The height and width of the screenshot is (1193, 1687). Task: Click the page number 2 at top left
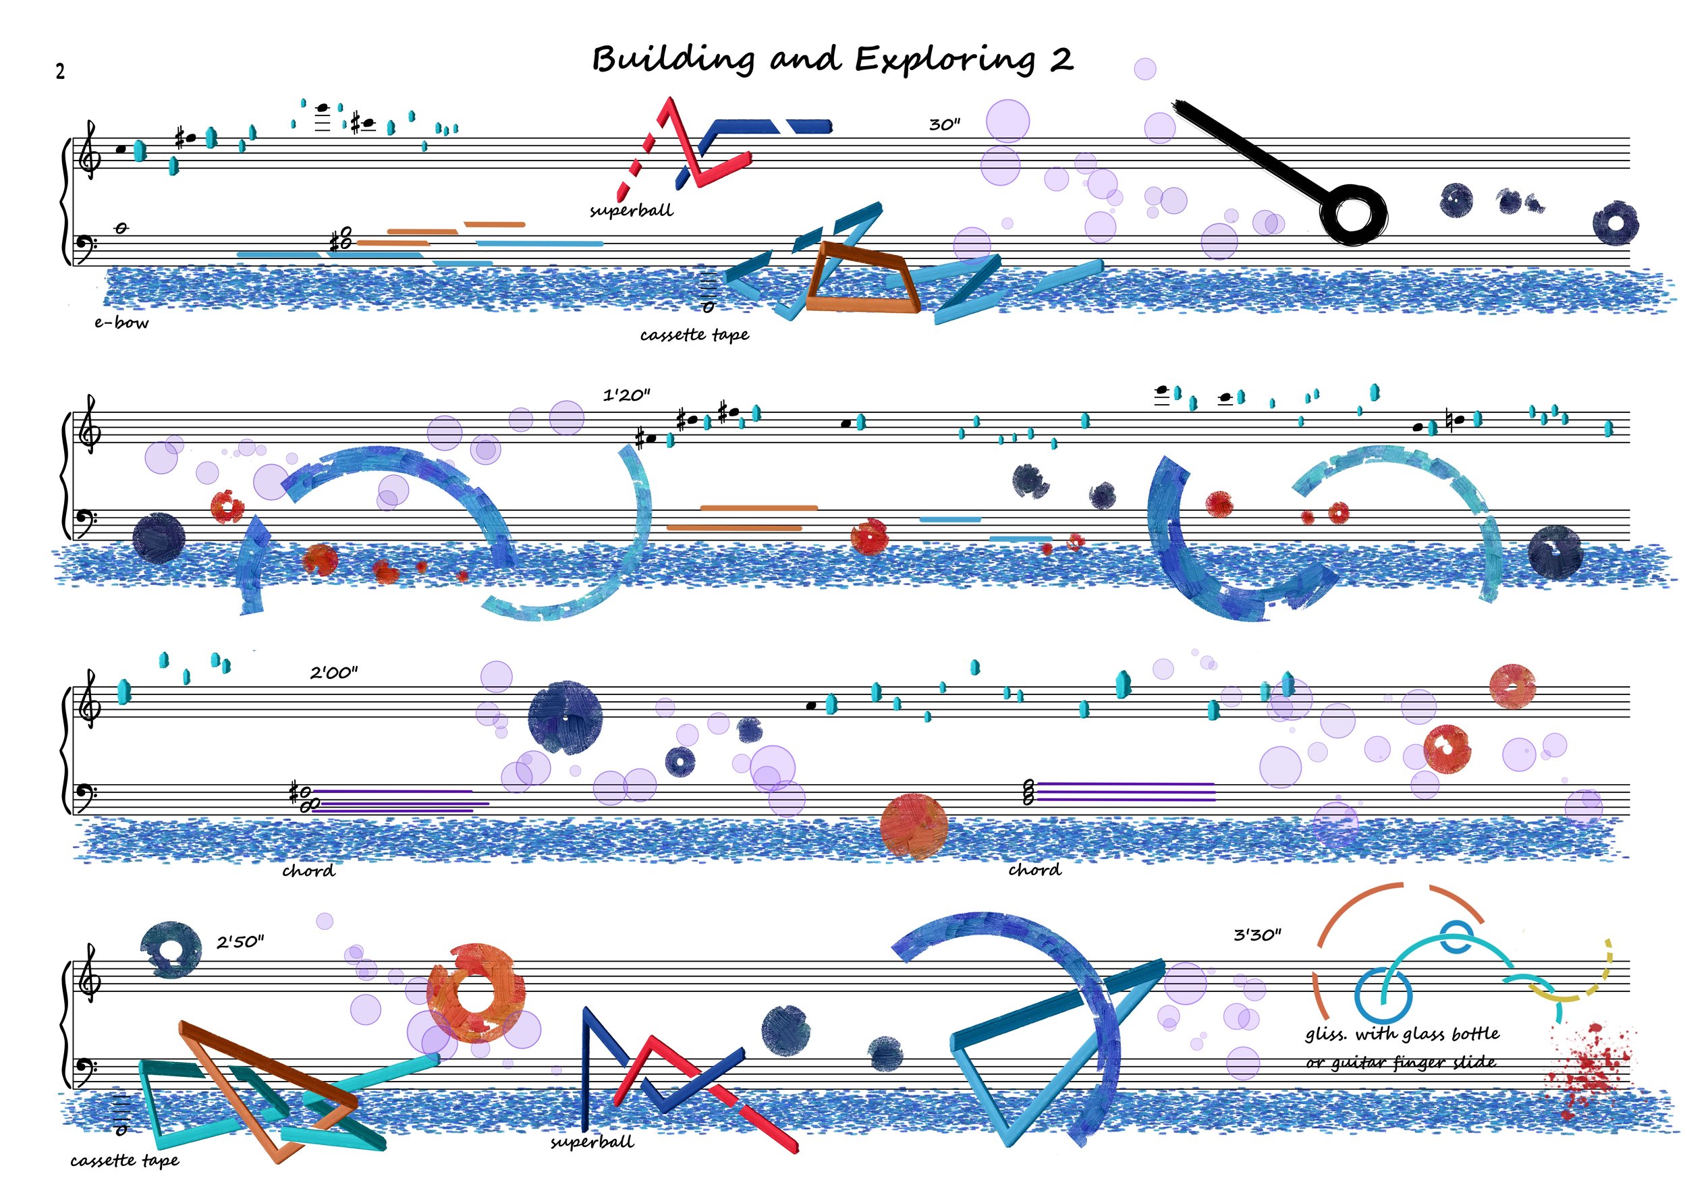[60, 72]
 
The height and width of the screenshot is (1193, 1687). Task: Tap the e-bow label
[121, 323]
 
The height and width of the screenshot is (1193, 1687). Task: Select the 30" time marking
[945, 125]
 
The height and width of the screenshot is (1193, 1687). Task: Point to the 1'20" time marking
[626, 395]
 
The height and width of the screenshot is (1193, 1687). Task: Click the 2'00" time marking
[333, 672]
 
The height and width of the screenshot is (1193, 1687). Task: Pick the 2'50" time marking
[240, 942]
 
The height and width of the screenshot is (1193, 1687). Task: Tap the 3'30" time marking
[1257, 935]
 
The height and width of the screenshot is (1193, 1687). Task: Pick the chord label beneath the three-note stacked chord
[1034, 870]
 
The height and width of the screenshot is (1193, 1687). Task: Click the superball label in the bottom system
[592, 1142]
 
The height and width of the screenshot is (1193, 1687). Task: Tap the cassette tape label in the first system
[694, 335]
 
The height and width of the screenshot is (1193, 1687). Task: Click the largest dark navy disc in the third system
[565, 718]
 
